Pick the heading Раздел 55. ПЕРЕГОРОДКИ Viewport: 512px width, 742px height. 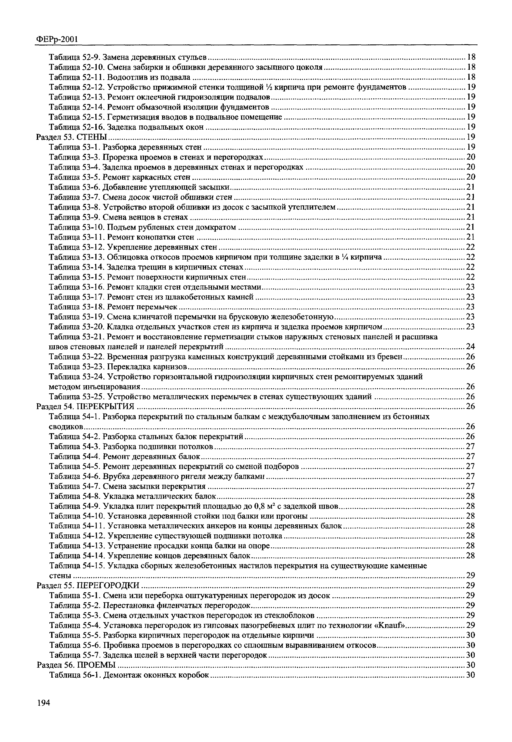(x=88, y=586)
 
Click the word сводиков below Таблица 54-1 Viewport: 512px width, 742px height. (x=66, y=427)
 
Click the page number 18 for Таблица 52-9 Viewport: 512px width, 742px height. (x=471, y=57)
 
